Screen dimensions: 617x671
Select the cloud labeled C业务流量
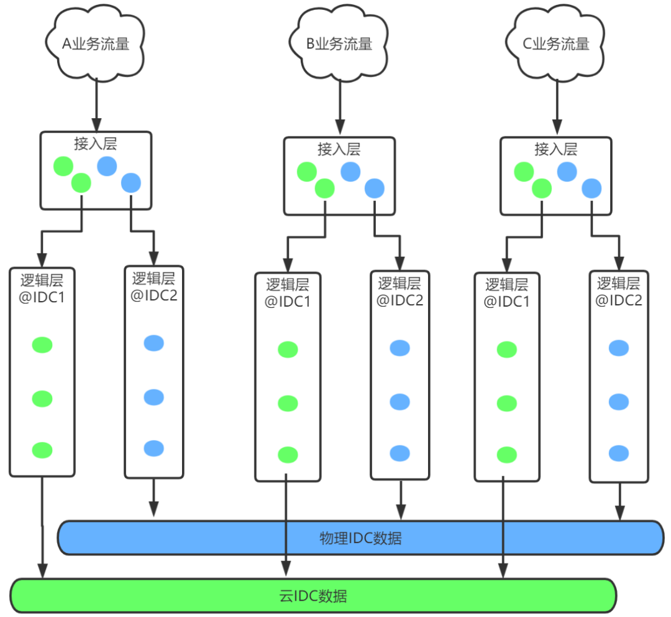pos(555,44)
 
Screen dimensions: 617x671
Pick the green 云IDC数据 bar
pos(313,596)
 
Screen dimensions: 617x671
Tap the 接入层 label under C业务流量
pos(555,149)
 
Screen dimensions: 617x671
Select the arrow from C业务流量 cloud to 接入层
pos(555,109)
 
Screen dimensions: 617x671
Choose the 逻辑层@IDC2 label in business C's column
pos(618,291)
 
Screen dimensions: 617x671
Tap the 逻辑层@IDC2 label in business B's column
pos(400,291)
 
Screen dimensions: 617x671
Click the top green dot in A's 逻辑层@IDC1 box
pos(42,345)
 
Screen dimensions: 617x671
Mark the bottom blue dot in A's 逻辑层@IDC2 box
pos(153,448)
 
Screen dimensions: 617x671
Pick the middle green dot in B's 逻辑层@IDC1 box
pos(288,402)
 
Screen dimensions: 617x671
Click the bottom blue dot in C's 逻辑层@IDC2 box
pos(619,452)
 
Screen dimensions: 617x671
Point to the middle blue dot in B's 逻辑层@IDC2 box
pos(400,401)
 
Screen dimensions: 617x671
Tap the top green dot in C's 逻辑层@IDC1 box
pos(506,350)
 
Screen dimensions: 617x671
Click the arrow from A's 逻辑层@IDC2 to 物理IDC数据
pos(153,498)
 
